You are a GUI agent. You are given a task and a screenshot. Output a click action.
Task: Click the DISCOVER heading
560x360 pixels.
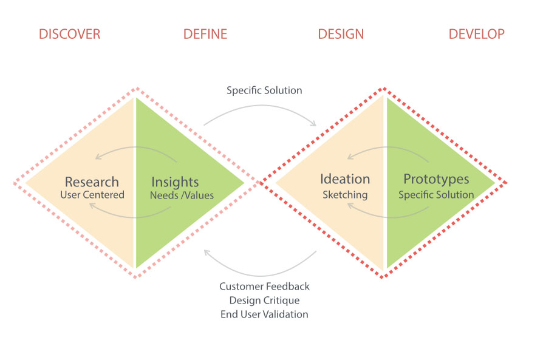[69, 34]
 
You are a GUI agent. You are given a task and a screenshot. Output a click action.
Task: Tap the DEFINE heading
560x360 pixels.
[205, 34]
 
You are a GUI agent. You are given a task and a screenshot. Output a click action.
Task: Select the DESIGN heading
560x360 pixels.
[341, 34]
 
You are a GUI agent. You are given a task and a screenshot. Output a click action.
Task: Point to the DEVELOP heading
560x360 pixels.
[476, 34]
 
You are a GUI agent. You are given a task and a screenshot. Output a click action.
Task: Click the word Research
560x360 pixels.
[92, 182]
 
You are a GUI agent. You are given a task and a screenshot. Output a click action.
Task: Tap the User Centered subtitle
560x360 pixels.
[92, 195]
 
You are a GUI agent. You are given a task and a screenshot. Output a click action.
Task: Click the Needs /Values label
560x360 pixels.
[182, 195]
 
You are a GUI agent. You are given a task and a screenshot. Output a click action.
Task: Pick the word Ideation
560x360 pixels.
[345, 179]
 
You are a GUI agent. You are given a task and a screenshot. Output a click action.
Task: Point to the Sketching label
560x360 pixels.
[345, 195]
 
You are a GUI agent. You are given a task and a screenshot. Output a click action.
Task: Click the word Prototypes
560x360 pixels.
[437, 179]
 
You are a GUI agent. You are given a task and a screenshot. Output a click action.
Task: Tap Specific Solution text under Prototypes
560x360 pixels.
[436, 195]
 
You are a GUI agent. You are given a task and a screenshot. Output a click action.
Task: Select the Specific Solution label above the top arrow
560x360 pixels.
[264, 90]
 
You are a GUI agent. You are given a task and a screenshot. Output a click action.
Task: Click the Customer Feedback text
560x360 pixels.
[264, 286]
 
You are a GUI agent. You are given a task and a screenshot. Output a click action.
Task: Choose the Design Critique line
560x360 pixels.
[264, 301]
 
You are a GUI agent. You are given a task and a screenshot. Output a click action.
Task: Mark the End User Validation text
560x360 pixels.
[264, 314]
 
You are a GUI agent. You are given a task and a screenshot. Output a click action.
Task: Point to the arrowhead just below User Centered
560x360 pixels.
[91, 205]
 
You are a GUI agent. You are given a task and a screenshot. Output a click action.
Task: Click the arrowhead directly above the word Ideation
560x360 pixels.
[350, 157]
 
